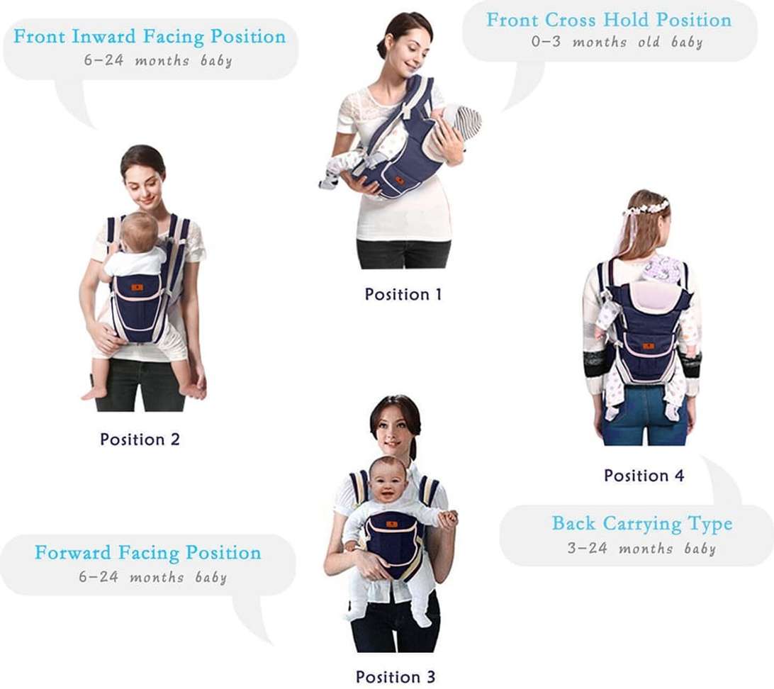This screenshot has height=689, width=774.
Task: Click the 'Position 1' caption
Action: (x=403, y=294)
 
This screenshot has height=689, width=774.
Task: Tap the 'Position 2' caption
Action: (x=140, y=439)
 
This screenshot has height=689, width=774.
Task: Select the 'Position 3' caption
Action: (x=396, y=676)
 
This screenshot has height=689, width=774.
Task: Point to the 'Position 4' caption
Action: (x=644, y=476)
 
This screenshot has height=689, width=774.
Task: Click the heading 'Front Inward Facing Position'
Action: (x=150, y=37)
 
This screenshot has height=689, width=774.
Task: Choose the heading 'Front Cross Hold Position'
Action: (x=609, y=20)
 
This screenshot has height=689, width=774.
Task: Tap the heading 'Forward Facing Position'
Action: (x=147, y=553)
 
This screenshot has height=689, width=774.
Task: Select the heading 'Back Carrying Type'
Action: (x=641, y=524)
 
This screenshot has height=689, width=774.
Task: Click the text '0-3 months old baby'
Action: (x=617, y=42)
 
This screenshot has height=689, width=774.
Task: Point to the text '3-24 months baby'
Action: (x=641, y=549)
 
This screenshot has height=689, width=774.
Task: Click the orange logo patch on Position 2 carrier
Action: (x=137, y=288)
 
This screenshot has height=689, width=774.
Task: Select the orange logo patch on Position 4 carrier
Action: (x=648, y=346)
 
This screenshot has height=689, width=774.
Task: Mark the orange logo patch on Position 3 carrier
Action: (x=392, y=525)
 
